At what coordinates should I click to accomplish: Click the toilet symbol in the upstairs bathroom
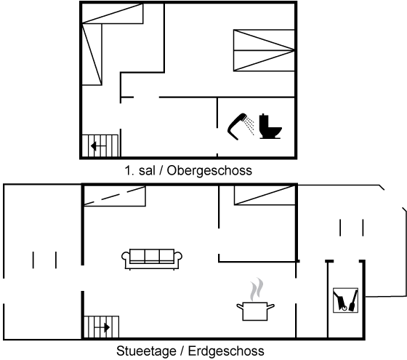pos(270,127)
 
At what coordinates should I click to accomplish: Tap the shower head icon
pos(236,126)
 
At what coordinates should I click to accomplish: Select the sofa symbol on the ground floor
pos(152,259)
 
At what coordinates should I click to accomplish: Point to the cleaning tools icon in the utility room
pos(345,300)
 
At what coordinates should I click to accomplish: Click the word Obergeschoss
pos(209,171)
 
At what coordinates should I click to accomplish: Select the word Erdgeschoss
pos(226,351)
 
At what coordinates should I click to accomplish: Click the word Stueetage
pos(146,351)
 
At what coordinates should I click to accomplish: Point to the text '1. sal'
pos(140,171)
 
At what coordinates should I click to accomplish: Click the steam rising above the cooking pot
pos(257,289)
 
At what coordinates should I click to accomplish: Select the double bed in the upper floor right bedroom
pos(264,50)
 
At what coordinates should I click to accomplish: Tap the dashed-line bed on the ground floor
pos(115,196)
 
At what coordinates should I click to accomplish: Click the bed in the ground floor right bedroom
pos(265,196)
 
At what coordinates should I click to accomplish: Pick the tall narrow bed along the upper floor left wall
pos(92,55)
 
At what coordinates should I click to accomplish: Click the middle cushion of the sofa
pos(152,256)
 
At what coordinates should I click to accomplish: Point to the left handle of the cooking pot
pos(240,307)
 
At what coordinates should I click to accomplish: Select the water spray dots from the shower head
pos(250,126)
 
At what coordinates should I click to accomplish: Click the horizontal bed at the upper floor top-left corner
pos(113,14)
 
